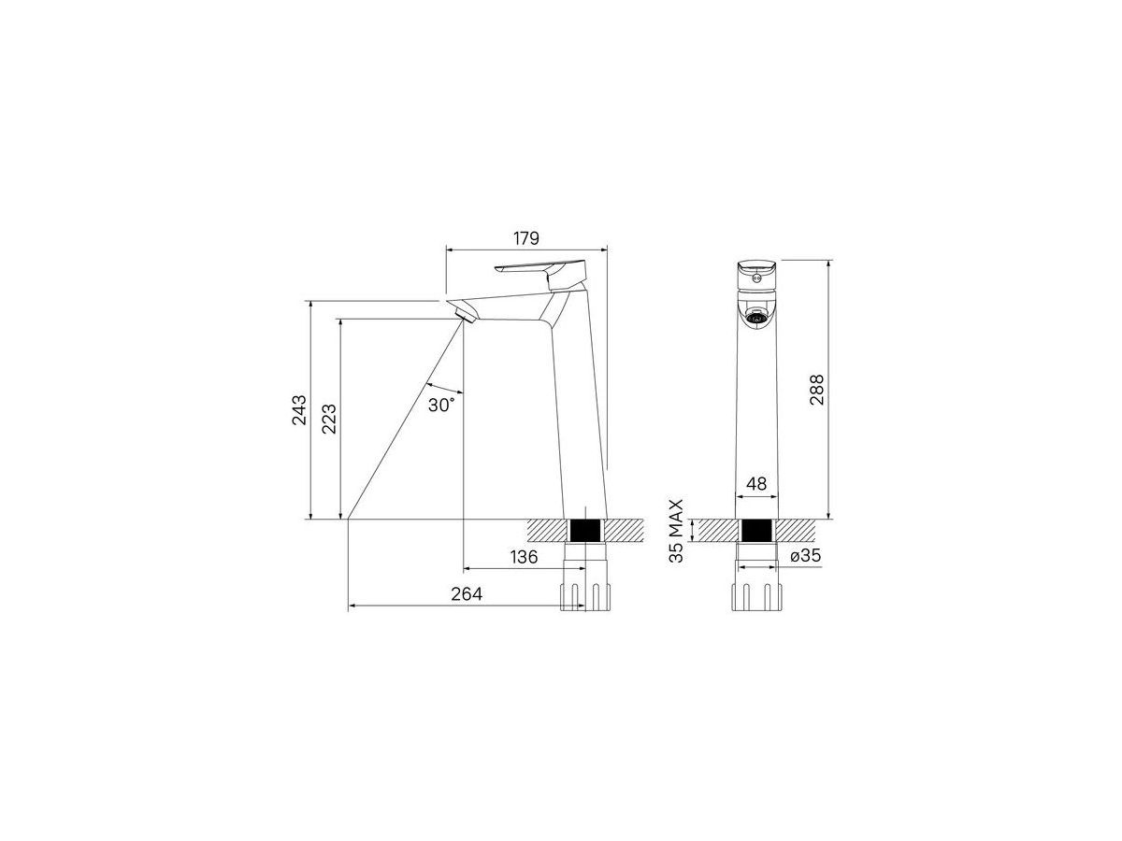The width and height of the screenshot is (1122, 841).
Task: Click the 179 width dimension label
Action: click(526, 238)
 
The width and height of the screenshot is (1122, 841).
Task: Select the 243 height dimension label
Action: click(299, 409)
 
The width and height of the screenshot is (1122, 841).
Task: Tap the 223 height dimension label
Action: click(329, 419)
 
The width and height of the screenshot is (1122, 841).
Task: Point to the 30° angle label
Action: click(441, 405)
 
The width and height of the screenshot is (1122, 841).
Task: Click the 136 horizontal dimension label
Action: click(524, 557)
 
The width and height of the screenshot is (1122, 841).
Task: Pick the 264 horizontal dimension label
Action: click(467, 594)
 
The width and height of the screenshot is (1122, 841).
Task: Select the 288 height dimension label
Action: click(817, 390)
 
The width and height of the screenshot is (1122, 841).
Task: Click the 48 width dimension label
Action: click(756, 483)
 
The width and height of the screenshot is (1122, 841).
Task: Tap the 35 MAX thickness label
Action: click(676, 531)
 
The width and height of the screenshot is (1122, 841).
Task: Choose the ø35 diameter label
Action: click(806, 555)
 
